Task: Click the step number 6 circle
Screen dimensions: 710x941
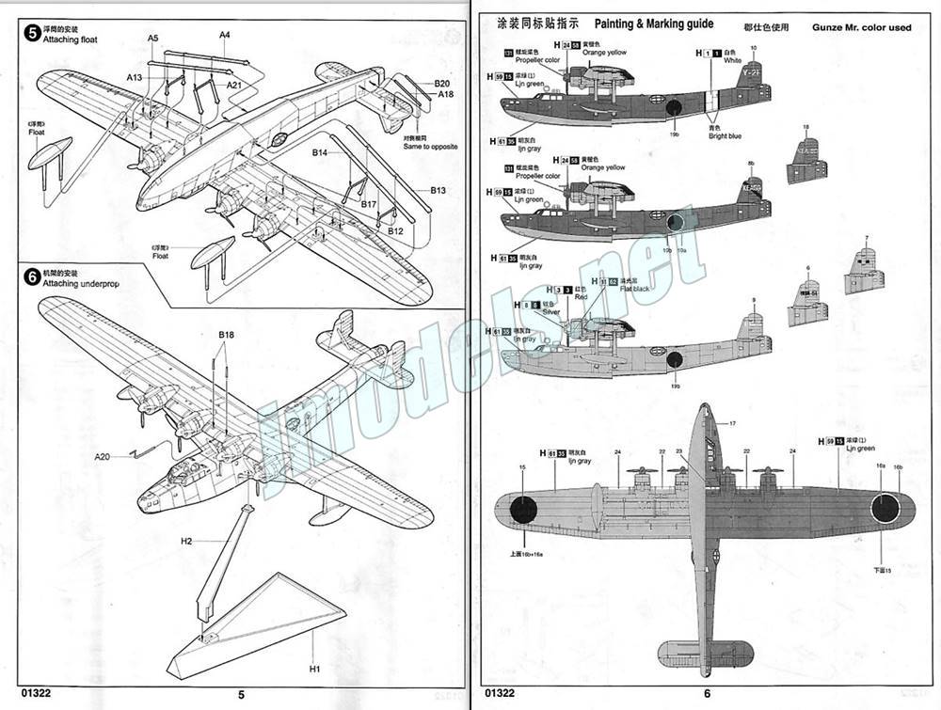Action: (33, 276)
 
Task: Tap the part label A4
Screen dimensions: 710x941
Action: (225, 35)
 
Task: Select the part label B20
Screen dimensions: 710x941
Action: (442, 84)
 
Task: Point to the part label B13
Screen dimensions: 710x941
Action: (438, 190)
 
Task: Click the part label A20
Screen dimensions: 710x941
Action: (103, 457)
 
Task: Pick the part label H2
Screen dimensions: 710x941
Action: (186, 542)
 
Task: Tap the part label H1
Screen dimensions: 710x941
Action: (314, 669)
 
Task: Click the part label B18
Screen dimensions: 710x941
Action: (226, 335)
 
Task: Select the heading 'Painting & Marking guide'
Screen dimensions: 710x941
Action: (654, 23)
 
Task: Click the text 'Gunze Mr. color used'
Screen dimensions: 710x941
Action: (861, 27)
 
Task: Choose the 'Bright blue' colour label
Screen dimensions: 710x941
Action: (726, 136)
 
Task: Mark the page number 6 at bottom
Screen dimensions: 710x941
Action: (708, 695)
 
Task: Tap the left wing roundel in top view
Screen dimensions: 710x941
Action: (525, 509)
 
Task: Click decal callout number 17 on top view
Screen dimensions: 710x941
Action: (730, 424)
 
